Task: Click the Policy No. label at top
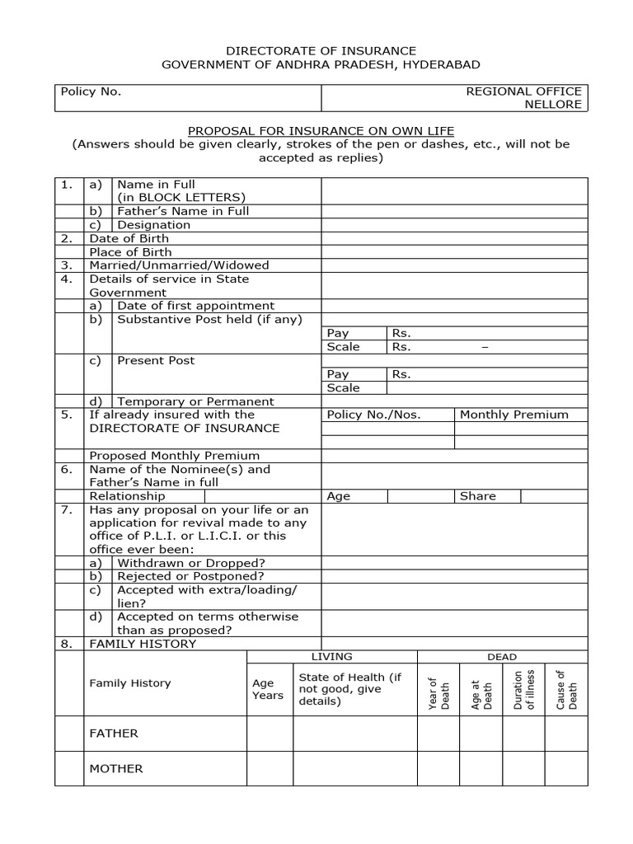pyautogui.click(x=91, y=91)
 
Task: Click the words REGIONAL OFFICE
pyautogui.click(x=523, y=91)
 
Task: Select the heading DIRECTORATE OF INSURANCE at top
pyautogui.click(x=321, y=51)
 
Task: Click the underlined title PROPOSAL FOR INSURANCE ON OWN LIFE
pyautogui.click(x=321, y=131)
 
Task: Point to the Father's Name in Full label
pyautogui.click(x=183, y=211)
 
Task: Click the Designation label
pyautogui.click(x=153, y=224)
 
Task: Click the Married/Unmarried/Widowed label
pyautogui.click(x=179, y=265)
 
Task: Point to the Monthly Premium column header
pyautogui.click(x=513, y=415)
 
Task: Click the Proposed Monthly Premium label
pyautogui.click(x=174, y=455)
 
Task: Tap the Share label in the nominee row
pyautogui.click(x=478, y=496)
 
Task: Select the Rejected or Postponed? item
pyautogui.click(x=190, y=576)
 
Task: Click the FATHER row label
pyautogui.click(x=114, y=734)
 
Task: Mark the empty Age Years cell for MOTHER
pyautogui.click(x=270, y=768)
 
